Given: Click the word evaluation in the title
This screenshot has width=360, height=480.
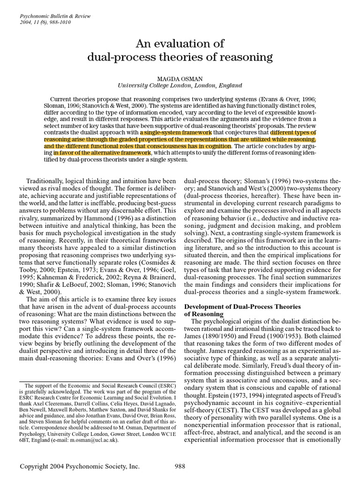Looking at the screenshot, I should click(x=180, y=44).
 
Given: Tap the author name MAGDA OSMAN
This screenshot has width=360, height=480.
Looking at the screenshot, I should click(x=180, y=78).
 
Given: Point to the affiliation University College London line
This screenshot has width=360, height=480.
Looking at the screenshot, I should click(x=180, y=85).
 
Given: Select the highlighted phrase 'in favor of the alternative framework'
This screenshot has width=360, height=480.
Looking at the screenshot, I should click(x=102, y=153).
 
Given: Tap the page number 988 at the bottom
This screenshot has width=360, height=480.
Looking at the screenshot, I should click(x=180, y=466).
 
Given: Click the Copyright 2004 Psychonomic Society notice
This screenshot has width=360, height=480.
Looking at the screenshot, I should click(x=79, y=466).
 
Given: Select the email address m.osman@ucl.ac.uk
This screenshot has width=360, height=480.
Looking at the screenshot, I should click(x=95, y=440).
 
